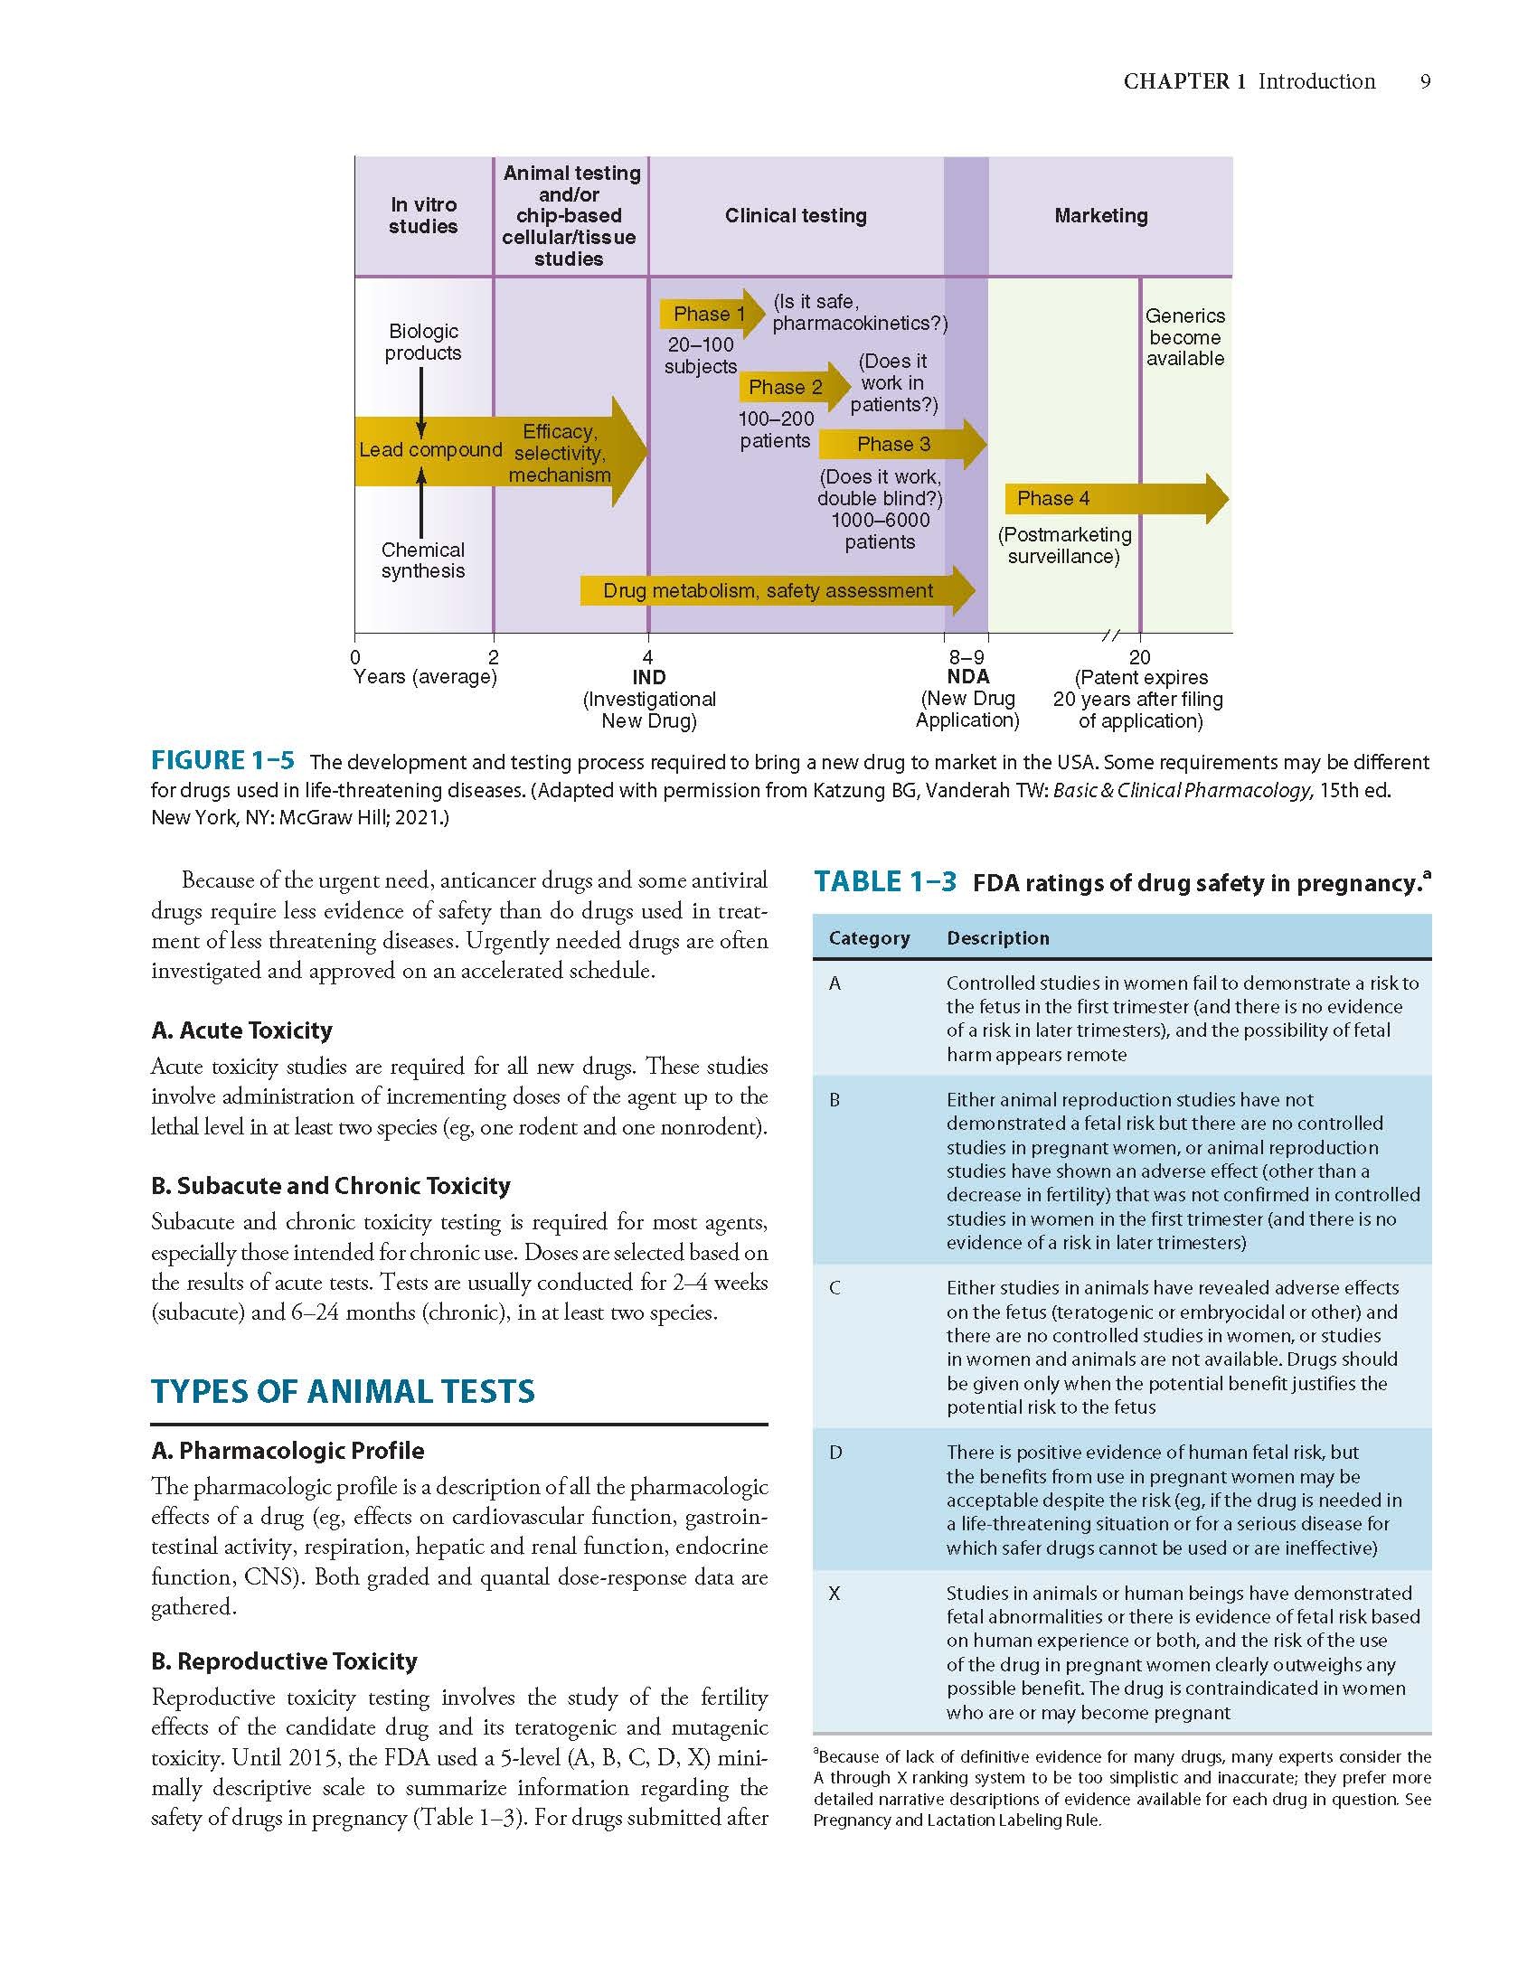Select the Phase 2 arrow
point(794,387)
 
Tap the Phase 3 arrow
point(902,444)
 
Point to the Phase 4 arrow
point(1117,498)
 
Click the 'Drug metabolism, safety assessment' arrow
point(778,591)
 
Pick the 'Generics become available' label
point(1185,337)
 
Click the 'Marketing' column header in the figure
point(1101,216)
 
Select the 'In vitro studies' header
point(423,216)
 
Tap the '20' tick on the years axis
point(1139,657)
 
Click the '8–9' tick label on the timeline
point(967,657)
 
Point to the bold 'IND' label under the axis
point(649,678)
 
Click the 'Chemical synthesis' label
point(423,560)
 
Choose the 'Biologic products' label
point(423,343)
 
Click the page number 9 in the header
point(1426,81)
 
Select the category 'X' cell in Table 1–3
point(835,1594)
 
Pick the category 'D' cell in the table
point(835,1453)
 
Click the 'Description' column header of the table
point(998,938)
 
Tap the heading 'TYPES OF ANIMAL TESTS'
point(343,1391)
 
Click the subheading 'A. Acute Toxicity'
point(241,1030)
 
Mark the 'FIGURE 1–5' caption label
point(222,761)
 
